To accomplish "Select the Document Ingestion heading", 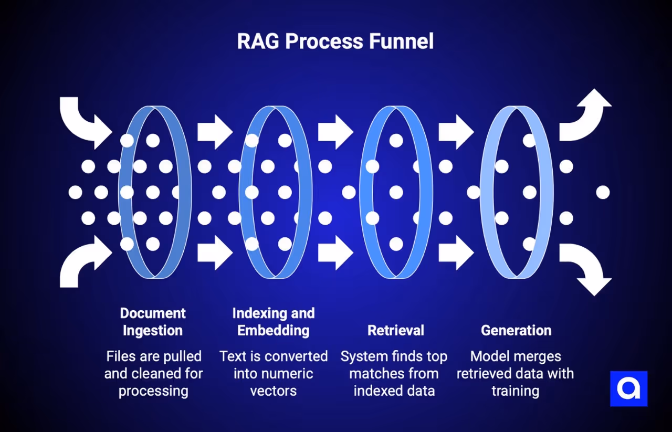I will click(153, 322).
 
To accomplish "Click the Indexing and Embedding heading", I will click(274, 322).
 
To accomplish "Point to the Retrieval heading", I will click(396, 330).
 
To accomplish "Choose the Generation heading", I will click(516, 330).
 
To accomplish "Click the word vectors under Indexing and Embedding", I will click(274, 391).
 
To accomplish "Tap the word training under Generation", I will click(515, 391).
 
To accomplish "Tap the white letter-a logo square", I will click(628, 389).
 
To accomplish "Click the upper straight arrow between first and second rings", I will click(215, 132).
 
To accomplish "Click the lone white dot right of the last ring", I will click(603, 192).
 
